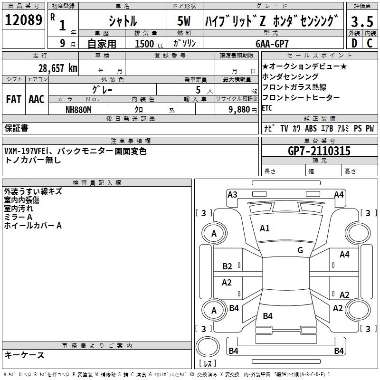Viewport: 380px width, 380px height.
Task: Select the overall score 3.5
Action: pos(361,21)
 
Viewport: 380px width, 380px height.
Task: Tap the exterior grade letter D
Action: pos(354,43)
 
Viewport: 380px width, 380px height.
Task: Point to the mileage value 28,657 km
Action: pos(57,68)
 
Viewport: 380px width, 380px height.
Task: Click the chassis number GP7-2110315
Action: pos(320,151)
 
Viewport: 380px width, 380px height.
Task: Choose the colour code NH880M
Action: pos(78,109)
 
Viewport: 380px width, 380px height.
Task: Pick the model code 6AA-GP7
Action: pos(272,43)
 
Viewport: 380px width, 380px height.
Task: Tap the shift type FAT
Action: pos(13,99)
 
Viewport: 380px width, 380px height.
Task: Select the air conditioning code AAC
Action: pos(36,99)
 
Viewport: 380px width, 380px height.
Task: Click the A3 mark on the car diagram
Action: pos(232,194)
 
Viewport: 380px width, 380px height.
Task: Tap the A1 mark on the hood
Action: pos(265,228)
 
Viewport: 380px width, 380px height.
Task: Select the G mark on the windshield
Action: pos(300,250)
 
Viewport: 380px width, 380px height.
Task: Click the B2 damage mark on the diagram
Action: pos(228,266)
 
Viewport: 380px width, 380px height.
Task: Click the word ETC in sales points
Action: pos(267,108)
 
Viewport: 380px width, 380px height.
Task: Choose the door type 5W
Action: pos(185,22)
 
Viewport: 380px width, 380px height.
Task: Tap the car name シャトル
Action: pos(123,22)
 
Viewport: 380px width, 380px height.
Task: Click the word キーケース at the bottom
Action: pos(25,355)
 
